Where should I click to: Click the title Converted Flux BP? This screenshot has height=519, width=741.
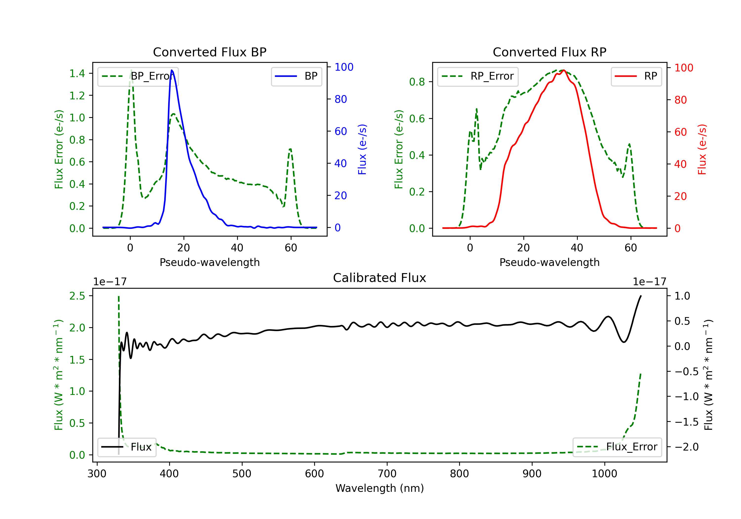click(209, 52)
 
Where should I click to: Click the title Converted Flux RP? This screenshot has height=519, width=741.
click(549, 52)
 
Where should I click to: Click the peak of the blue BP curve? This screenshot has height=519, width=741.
click(172, 70)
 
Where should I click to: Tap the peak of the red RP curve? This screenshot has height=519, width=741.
click(563, 70)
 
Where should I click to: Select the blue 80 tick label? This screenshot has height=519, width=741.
click(341, 99)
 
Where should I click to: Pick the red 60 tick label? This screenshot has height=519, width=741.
click(681, 132)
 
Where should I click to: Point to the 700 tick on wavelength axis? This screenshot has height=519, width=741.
click(387, 474)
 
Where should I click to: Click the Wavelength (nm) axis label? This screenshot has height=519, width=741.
click(380, 488)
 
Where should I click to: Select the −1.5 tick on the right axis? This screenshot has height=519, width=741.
click(686, 422)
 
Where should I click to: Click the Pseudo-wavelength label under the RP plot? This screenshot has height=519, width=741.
click(549, 262)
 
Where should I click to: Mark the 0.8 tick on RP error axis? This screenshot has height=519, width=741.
click(417, 82)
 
